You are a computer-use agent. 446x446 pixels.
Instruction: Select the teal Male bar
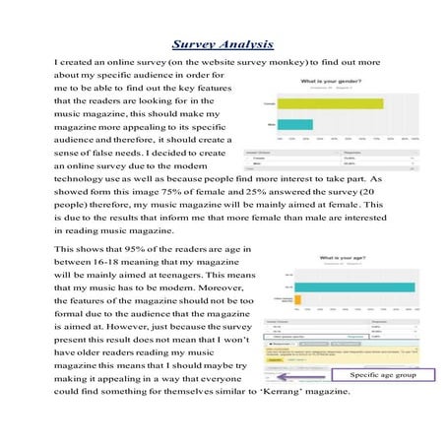(x=296, y=124)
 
